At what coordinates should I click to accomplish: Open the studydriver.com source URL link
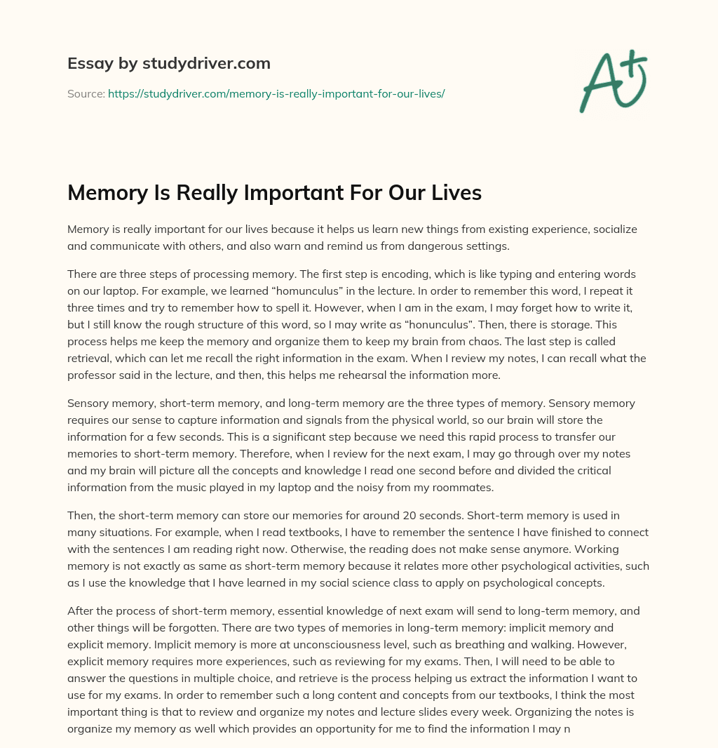(276, 93)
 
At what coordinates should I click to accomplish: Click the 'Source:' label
(86, 93)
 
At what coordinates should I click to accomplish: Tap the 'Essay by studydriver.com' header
(169, 63)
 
